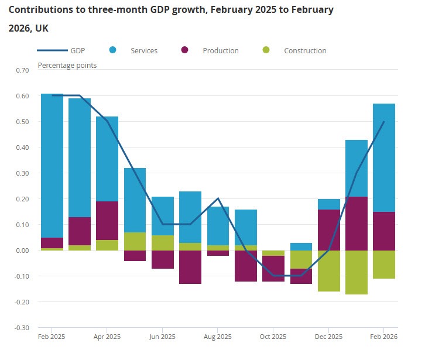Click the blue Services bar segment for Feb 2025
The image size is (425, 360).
(x=52, y=165)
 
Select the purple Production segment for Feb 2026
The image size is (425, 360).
(x=384, y=231)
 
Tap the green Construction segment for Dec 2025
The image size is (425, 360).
(x=329, y=270)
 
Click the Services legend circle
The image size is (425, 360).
(x=112, y=50)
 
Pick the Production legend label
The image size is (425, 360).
(x=221, y=51)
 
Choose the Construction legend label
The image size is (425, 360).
(x=305, y=51)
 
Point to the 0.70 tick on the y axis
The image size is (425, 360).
(x=22, y=70)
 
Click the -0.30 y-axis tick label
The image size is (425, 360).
(x=21, y=328)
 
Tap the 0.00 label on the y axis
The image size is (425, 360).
(x=22, y=251)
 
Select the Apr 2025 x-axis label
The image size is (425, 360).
(x=107, y=337)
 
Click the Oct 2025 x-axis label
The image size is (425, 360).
(x=273, y=337)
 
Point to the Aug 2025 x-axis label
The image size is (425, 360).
(x=218, y=337)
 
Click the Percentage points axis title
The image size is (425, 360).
(x=67, y=66)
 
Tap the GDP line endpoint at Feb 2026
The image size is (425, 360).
(x=384, y=122)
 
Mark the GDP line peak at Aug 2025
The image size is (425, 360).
(x=218, y=198)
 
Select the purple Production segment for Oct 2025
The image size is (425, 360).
(x=273, y=269)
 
